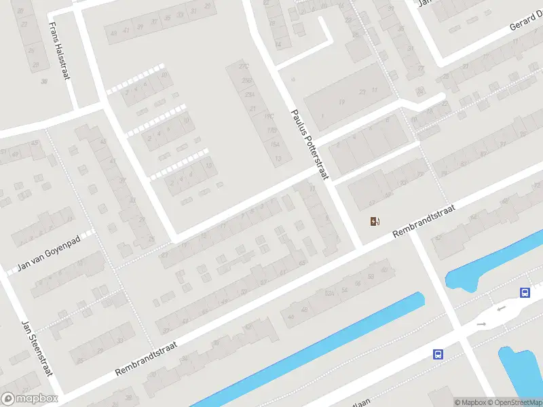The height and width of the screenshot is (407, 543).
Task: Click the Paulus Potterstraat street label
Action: [x=310, y=145]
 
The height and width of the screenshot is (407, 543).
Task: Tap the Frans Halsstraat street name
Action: [x=59, y=51]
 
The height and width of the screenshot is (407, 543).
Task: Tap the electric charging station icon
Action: [x=375, y=221]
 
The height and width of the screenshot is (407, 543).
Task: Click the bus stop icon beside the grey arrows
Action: [x=525, y=292]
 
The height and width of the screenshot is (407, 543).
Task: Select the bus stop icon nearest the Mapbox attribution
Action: [x=438, y=354]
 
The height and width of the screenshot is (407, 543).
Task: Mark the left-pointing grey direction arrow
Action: [x=501, y=309]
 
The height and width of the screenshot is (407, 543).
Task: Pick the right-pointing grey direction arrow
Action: [x=481, y=324]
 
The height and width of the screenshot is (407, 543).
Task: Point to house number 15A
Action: [x=275, y=144]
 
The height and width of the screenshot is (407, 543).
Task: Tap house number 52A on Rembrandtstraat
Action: [x=330, y=293]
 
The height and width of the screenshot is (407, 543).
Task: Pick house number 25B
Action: [x=248, y=81]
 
